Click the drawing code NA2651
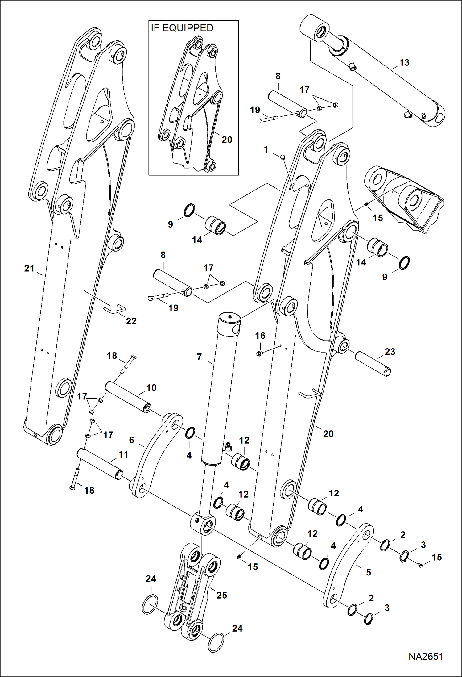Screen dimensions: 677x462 (x=426, y=656)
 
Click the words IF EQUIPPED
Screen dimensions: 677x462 (x=182, y=28)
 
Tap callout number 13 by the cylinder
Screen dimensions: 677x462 (x=404, y=63)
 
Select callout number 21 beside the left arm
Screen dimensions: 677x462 (x=29, y=268)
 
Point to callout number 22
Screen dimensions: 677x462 (x=131, y=321)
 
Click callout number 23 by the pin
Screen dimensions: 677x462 (x=390, y=352)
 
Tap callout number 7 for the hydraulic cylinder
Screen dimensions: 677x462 (x=199, y=357)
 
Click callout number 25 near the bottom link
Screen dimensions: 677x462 (x=221, y=595)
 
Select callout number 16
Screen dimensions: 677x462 (x=260, y=336)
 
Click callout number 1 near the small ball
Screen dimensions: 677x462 (x=266, y=150)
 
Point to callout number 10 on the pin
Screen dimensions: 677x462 (x=151, y=388)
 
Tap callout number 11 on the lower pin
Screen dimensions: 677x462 (x=123, y=454)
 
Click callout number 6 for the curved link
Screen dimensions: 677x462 (x=131, y=440)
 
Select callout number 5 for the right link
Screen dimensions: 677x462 (x=368, y=572)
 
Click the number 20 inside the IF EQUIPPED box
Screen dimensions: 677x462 (x=227, y=140)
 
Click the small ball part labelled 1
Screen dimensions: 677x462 (x=282, y=157)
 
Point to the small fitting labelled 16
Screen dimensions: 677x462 (x=259, y=353)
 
